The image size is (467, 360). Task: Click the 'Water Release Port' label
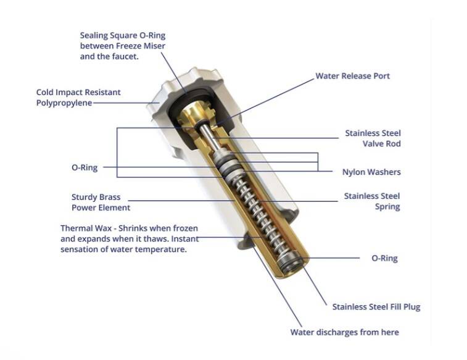353,76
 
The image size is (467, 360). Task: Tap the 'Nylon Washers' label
371,172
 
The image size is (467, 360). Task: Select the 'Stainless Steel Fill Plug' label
376,307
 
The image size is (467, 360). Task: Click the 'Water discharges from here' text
345,332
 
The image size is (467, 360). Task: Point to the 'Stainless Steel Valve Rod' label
373,138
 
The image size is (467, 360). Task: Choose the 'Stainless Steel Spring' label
372,201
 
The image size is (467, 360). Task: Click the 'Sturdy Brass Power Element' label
101,203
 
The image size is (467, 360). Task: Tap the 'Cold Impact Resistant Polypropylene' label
78,98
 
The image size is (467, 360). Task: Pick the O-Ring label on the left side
85,167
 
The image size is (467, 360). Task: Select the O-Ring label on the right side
384,258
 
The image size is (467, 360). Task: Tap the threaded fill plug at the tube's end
291,261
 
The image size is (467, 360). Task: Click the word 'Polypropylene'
64,103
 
